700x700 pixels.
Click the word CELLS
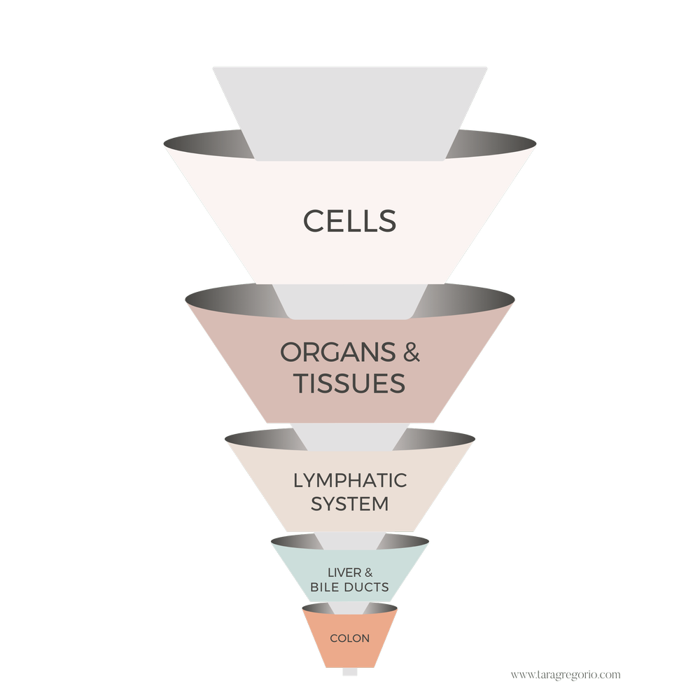click(349, 220)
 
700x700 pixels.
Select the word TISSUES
click(349, 383)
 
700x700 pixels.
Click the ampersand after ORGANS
click(412, 353)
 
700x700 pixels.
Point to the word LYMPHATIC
click(349, 481)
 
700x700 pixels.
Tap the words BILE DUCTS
click(349, 587)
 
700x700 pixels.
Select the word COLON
click(349, 638)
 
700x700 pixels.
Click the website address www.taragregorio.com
click(565, 674)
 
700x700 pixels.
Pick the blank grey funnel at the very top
click(349, 98)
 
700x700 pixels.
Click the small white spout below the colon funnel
click(349, 672)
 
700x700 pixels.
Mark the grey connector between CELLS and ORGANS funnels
click(349, 297)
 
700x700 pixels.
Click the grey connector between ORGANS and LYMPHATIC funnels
click(349, 435)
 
